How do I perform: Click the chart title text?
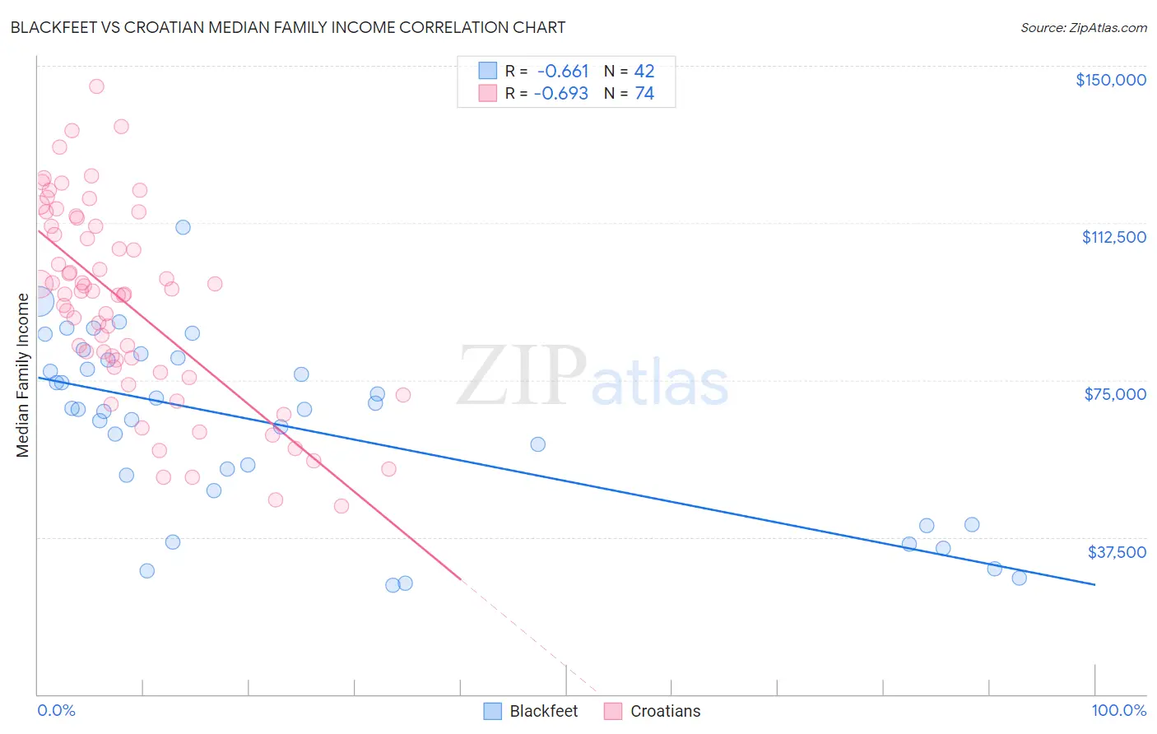click(x=288, y=27)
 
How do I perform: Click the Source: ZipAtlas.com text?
click(x=1083, y=27)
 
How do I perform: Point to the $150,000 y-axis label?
click(x=1110, y=80)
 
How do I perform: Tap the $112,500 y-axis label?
click(x=1113, y=237)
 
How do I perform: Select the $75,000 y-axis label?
click(x=1115, y=394)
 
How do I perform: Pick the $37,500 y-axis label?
click(x=1116, y=552)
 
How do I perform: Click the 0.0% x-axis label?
click(x=56, y=710)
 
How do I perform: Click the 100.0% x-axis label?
click(x=1118, y=710)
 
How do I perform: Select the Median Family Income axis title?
click(x=23, y=374)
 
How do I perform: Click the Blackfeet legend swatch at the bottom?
click(x=493, y=711)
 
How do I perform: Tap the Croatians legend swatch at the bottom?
click(x=613, y=711)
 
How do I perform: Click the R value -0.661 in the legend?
click(x=563, y=71)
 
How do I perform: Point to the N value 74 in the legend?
click(x=644, y=94)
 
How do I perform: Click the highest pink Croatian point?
click(x=96, y=86)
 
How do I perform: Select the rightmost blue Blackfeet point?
click(x=1019, y=578)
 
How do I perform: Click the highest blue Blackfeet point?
click(x=183, y=227)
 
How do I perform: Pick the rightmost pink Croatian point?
click(x=403, y=395)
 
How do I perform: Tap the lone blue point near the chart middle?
click(x=538, y=444)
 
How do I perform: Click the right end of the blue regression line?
click(x=1094, y=584)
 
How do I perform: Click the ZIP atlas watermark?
click(x=592, y=377)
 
